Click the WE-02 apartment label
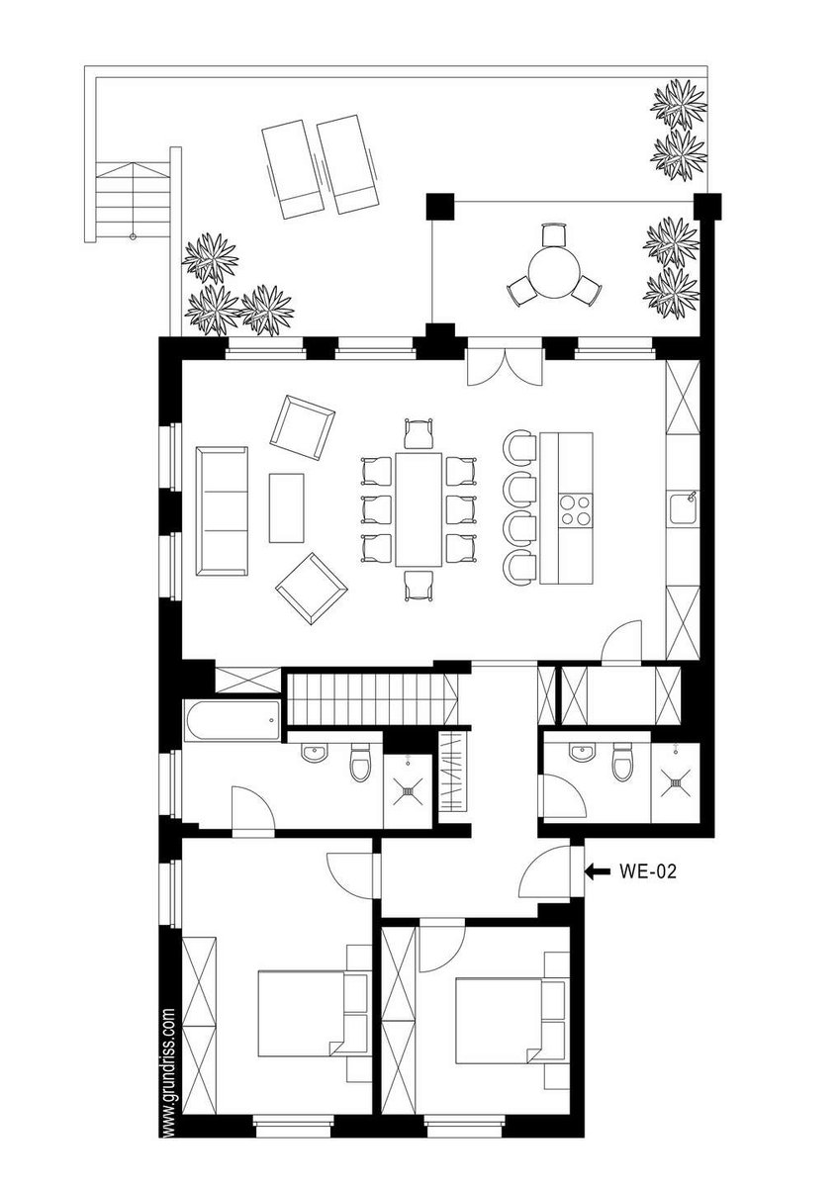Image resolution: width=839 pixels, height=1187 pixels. pyautogui.click(x=648, y=886)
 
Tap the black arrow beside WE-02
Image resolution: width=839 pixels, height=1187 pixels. pyautogui.click(x=598, y=886)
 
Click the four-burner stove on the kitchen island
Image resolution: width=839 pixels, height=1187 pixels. pyautogui.click(x=576, y=509)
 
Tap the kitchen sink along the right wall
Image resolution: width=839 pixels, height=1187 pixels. pyautogui.click(x=684, y=507)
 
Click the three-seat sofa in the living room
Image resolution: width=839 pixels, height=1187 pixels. pyautogui.click(x=222, y=511)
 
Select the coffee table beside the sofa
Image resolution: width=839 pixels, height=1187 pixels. pyautogui.click(x=286, y=508)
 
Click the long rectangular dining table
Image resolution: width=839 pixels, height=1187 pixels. pyautogui.click(x=419, y=509)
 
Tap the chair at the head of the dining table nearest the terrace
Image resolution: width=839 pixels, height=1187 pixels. pyautogui.click(x=419, y=434)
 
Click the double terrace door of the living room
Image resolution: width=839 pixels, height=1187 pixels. pyautogui.click(x=506, y=367)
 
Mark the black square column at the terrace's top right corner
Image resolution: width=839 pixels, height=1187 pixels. pyautogui.click(x=707, y=207)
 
